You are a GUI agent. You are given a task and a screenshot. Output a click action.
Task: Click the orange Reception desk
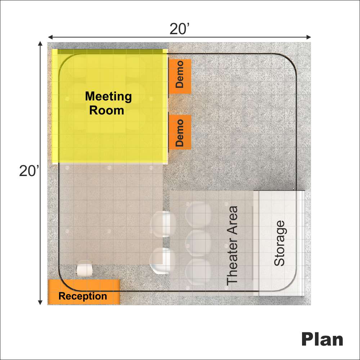click(84, 292)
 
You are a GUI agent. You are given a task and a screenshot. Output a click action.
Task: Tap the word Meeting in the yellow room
click(108, 96)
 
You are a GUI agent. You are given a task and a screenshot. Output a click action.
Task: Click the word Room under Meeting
click(107, 111)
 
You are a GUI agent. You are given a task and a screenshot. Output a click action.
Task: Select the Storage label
click(279, 243)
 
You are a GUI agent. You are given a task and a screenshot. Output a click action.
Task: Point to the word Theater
click(232, 257)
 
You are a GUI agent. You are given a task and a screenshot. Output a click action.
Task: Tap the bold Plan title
click(322, 339)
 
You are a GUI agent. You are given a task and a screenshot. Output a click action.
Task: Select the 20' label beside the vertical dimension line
click(29, 171)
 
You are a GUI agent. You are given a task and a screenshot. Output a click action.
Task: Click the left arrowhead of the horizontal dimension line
click(50, 37)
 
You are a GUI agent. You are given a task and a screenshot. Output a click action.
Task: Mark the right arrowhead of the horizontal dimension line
click(309, 37)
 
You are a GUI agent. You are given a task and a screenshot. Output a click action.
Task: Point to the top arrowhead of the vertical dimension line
click(40, 44)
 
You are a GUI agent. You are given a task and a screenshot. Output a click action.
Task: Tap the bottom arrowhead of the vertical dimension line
click(40, 302)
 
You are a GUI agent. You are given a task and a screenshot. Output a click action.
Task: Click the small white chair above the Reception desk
click(85, 268)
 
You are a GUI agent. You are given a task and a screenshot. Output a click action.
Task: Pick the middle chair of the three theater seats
click(198, 243)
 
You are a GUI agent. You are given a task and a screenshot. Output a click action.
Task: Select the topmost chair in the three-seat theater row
click(198, 214)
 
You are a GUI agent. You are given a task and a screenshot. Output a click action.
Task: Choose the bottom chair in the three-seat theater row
click(198, 272)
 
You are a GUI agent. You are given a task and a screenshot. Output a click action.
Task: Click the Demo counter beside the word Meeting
click(180, 76)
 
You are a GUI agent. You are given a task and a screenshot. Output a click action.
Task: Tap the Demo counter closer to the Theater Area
click(180, 132)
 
